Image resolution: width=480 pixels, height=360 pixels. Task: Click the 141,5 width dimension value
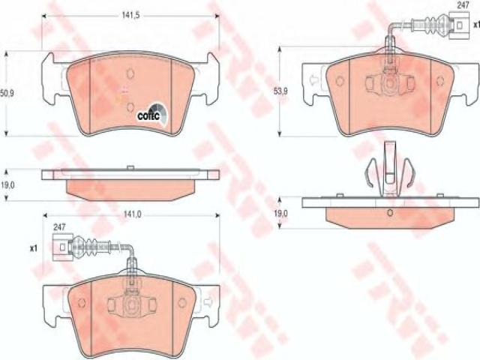(130, 16)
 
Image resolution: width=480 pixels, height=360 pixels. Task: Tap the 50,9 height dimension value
(7, 94)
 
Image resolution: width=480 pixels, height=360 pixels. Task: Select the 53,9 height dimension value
(280, 91)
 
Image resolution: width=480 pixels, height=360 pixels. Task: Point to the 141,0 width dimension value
(132, 215)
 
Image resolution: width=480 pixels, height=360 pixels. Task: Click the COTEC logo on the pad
(151, 114)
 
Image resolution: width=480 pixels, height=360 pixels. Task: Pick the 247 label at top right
(463, 5)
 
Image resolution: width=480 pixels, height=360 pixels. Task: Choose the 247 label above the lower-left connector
(58, 227)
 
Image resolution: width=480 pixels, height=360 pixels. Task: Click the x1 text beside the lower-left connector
(33, 248)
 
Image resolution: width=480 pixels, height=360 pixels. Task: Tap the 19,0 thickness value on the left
(7, 185)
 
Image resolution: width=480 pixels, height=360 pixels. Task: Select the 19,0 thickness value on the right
(280, 213)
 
